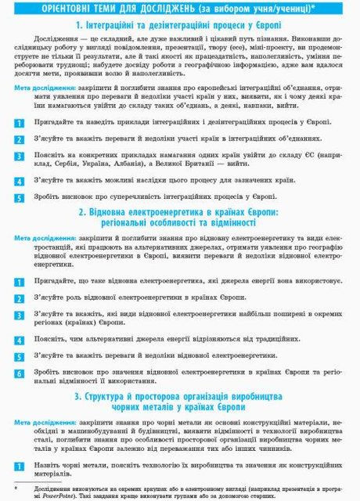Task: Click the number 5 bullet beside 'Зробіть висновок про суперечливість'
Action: point(20,197)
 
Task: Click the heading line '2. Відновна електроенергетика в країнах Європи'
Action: point(180,211)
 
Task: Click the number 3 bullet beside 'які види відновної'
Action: point(20,319)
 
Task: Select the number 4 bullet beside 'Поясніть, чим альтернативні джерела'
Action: point(20,341)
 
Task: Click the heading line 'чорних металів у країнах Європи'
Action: point(180,409)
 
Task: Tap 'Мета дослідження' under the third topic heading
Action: point(46,423)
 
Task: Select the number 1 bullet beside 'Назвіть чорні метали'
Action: point(20,468)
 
